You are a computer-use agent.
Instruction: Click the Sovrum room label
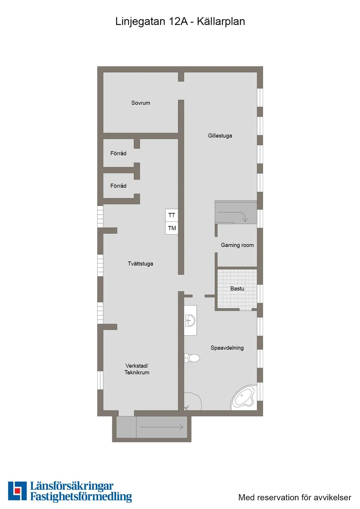pos(141,103)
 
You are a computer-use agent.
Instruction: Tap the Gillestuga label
pos(220,136)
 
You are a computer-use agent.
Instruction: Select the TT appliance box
pos(172,215)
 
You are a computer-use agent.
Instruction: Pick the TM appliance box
pos(172,228)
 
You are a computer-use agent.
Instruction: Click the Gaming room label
pos(237,245)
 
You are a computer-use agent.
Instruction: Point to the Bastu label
pos(237,289)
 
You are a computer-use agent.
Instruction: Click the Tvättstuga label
pos(141,264)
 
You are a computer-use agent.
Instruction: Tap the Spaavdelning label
pos(227,348)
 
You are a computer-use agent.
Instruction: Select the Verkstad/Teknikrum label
pos(137,369)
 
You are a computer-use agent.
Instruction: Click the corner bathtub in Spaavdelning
pos(244,397)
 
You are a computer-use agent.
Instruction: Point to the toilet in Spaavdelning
pos(192,359)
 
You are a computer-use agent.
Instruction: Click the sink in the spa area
pos(190,321)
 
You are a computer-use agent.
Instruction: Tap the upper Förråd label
pos(118,154)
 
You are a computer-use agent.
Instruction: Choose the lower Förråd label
pos(118,186)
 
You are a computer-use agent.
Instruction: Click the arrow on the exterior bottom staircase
pos(161,427)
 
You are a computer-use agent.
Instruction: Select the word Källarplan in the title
pos(221,21)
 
